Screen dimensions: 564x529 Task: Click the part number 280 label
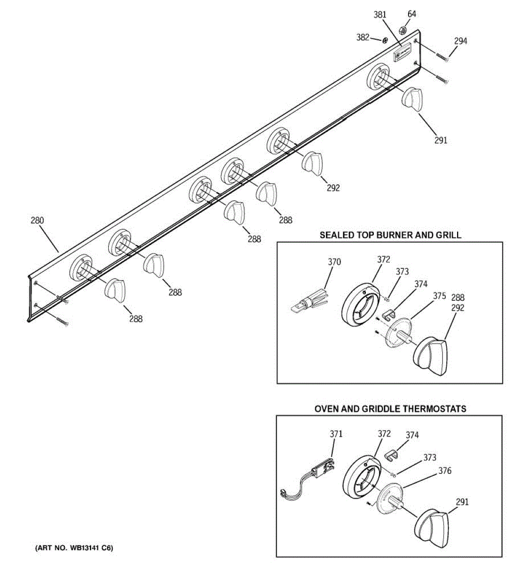click(37, 220)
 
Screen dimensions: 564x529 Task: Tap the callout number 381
click(380, 15)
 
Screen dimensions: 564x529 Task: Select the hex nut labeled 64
click(403, 30)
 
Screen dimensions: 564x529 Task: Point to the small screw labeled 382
click(385, 40)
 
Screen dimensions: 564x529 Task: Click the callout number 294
click(460, 41)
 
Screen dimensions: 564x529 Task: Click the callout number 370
click(334, 262)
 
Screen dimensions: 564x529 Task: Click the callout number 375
click(439, 296)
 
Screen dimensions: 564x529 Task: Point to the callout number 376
click(444, 470)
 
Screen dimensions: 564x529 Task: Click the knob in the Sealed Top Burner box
click(431, 355)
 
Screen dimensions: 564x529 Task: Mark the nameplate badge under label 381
click(403, 53)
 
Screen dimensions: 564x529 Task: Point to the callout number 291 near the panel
click(441, 140)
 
